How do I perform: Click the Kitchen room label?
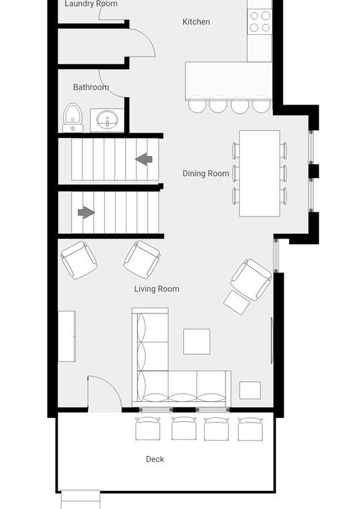[196, 21]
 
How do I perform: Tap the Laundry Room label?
[91, 4]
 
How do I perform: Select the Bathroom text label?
[91, 87]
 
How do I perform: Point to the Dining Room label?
[205, 173]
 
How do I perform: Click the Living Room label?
[157, 289]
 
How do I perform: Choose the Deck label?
[155, 459]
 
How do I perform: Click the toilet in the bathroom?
[73, 117]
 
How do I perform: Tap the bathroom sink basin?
[107, 120]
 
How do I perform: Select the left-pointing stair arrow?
[144, 159]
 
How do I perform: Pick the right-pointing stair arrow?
[86, 212]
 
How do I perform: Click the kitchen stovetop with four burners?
[260, 21]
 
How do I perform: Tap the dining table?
[260, 173]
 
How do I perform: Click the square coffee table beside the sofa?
[197, 342]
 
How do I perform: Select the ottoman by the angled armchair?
[237, 302]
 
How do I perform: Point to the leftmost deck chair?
[148, 429]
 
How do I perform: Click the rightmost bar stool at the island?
[262, 105]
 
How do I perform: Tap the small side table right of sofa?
[250, 390]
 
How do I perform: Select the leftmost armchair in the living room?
[79, 260]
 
